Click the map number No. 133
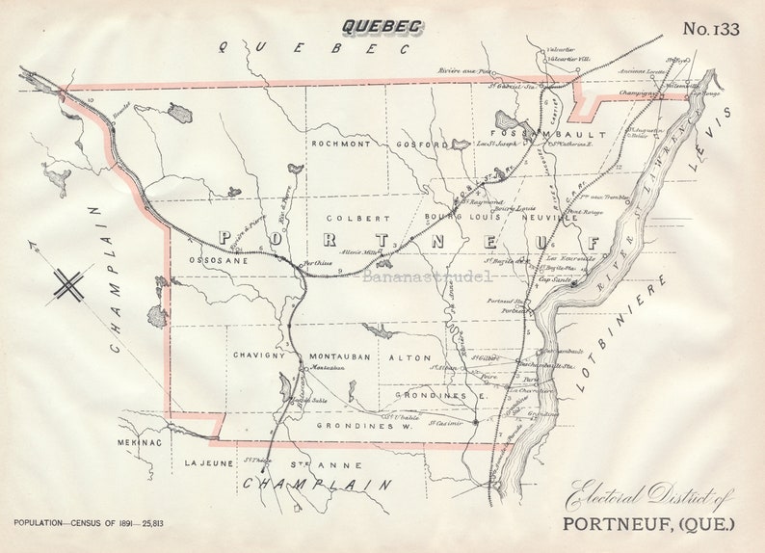tap(711, 29)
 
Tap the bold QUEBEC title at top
tap(382, 26)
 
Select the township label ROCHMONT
tap(340, 144)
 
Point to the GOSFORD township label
tap(422, 145)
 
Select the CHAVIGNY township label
tap(257, 355)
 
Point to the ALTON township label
tap(409, 357)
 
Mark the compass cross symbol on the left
tap(68, 284)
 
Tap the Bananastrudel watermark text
tap(427, 276)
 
